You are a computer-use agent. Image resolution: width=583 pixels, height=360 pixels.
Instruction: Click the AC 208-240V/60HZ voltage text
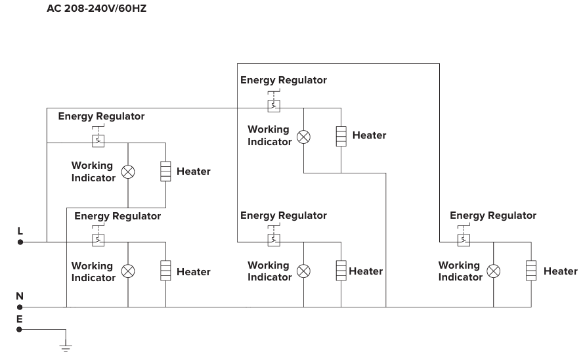pyautogui.click(x=96, y=10)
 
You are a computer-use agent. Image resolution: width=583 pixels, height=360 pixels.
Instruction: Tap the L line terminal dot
pyautogui.click(x=20, y=242)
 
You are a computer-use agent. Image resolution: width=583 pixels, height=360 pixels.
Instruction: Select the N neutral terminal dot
pyautogui.click(x=20, y=307)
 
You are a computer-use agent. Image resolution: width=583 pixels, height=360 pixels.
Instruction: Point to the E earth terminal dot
pyautogui.click(x=20, y=329)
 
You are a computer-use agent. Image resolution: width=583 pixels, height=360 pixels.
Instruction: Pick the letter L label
pyautogui.click(x=20, y=231)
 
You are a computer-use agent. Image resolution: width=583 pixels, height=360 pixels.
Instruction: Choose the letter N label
pyautogui.click(x=20, y=296)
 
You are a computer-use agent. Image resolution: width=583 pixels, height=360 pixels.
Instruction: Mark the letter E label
pyautogui.click(x=20, y=319)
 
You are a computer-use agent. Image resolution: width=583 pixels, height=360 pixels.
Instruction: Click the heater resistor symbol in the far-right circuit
pyautogui.click(x=531, y=271)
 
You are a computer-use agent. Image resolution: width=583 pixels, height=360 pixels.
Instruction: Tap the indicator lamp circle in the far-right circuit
pyautogui.click(x=493, y=271)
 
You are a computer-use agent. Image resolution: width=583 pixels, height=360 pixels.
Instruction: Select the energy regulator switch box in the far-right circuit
pyautogui.click(x=464, y=239)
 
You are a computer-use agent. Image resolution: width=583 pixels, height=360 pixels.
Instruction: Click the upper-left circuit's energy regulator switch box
pyautogui.click(x=98, y=140)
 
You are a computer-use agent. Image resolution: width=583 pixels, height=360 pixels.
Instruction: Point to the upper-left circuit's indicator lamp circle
pyautogui.click(x=129, y=171)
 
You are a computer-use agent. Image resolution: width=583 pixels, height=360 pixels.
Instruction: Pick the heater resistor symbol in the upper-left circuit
pyautogui.click(x=165, y=171)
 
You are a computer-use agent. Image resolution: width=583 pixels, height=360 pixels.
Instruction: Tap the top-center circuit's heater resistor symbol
pyautogui.click(x=341, y=136)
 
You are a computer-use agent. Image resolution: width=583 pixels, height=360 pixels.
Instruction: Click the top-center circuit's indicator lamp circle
pyautogui.click(x=303, y=137)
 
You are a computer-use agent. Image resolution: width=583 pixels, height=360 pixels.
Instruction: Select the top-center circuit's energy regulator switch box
pyautogui.click(x=274, y=105)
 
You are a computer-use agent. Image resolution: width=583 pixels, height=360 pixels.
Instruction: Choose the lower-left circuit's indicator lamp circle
pyautogui.click(x=129, y=271)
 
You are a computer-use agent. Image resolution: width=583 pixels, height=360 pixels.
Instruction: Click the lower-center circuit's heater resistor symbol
pyautogui.click(x=341, y=271)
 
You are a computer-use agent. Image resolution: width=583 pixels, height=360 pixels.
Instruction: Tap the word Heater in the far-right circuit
pyautogui.click(x=560, y=271)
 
